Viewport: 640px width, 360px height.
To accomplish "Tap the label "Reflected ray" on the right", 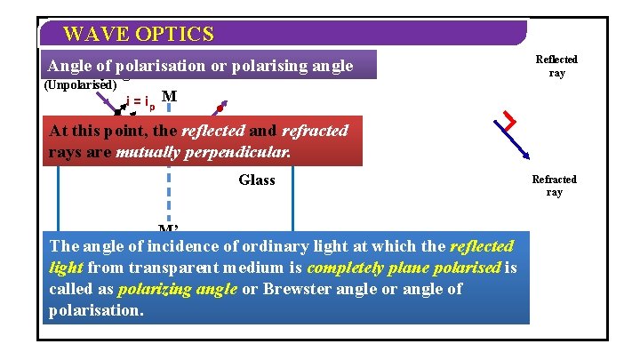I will [556, 66].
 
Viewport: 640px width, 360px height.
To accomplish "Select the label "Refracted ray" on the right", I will [555, 186].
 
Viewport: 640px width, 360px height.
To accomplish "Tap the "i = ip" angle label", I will [140, 104].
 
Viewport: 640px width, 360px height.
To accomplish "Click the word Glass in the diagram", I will [257, 180].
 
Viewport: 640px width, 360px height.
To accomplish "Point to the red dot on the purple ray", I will [220, 108].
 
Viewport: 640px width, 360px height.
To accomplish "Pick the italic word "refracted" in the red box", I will [315, 131].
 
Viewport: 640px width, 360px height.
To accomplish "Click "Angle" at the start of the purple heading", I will [68, 66].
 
